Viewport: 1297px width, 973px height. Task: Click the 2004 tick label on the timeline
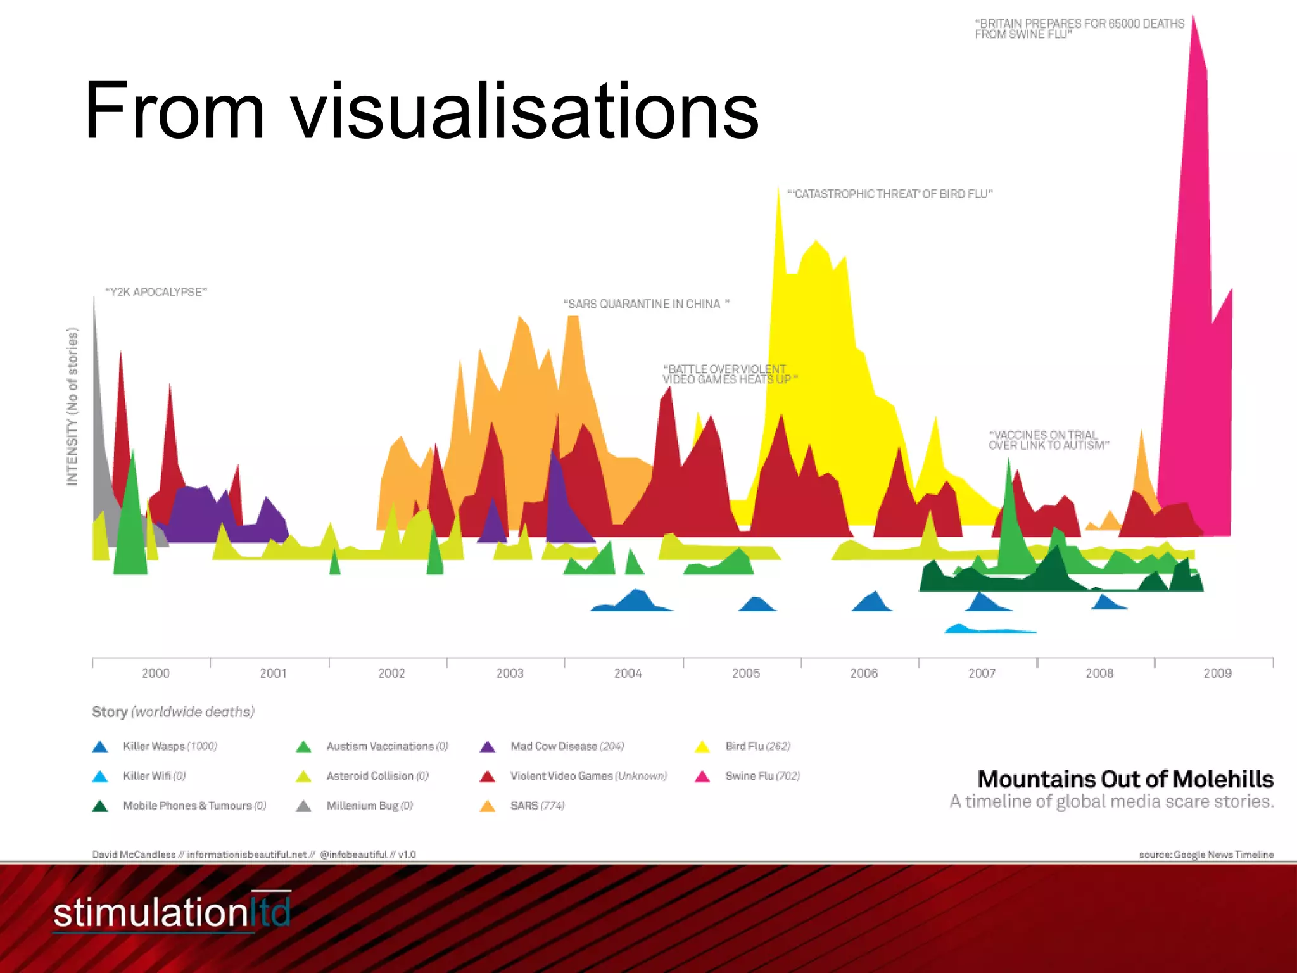pyautogui.click(x=628, y=673)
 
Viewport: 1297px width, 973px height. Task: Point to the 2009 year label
pyautogui.click(x=1217, y=673)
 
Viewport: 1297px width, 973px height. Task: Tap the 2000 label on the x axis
pyautogui.click(x=155, y=673)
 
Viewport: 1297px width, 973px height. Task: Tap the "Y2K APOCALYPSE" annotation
pyautogui.click(x=156, y=292)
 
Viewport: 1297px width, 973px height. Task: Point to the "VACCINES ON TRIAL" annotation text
pyautogui.click(x=1048, y=440)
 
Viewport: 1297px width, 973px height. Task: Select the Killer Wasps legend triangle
pyautogui.click(x=100, y=747)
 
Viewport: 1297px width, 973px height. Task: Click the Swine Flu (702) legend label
pyautogui.click(x=762, y=776)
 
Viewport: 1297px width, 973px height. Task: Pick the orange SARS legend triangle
pyautogui.click(x=488, y=806)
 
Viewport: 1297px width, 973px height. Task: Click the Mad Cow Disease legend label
pyautogui.click(x=567, y=746)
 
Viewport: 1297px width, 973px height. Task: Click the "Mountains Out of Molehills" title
pyautogui.click(x=1125, y=779)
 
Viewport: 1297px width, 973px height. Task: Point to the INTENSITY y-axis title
pyautogui.click(x=72, y=407)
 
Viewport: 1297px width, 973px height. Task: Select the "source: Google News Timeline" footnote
pyautogui.click(x=1206, y=855)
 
